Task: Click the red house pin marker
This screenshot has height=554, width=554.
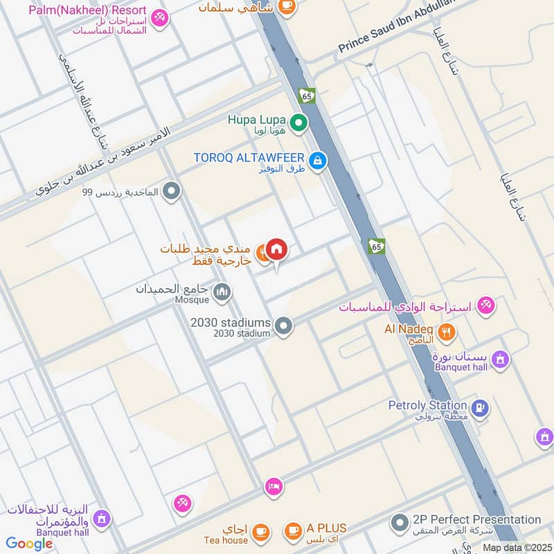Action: coord(276,250)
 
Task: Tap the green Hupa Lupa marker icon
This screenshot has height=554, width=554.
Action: coord(298,124)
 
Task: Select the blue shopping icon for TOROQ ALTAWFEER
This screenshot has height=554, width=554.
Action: coord(317,161)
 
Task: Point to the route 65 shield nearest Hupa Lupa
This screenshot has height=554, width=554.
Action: coord(307,95)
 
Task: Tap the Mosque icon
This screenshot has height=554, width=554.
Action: coord(222,293)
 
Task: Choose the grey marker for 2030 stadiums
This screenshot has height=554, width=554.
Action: coord(283,325)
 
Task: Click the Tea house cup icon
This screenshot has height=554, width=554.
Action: coord(260,531)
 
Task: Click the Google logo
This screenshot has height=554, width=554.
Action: coord(29,544)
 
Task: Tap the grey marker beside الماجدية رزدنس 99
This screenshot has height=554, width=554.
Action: coord(172,191)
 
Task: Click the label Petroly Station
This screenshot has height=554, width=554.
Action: coord(427,405)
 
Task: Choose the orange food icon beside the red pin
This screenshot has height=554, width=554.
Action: coord(262,254)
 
